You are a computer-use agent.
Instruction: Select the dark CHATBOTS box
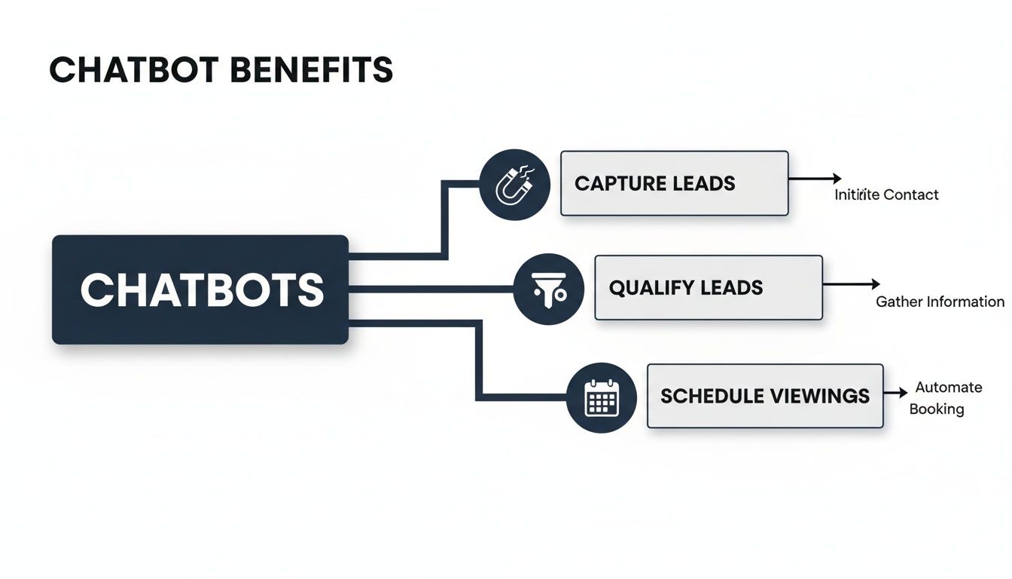click(x=200, y=289)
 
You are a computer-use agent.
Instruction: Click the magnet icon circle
click(x=514, y=185)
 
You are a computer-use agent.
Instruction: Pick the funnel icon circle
click(x=549, y=289)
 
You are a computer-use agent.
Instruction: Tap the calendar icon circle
click(x=602, y=397)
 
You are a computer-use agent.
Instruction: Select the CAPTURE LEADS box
click(x=674, y=183)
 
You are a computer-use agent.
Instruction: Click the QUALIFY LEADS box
click(x=708, y=288)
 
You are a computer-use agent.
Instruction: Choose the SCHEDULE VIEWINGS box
click(x=764, y=396)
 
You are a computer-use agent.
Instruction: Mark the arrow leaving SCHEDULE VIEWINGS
click(x=895, y=393)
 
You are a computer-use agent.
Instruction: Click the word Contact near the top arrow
click(x=911, y=195)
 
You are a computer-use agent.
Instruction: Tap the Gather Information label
click(x=940, y=302)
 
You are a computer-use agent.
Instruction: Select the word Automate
click(x=948, y=388)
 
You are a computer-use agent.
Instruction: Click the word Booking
click(x=936, y=409)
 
